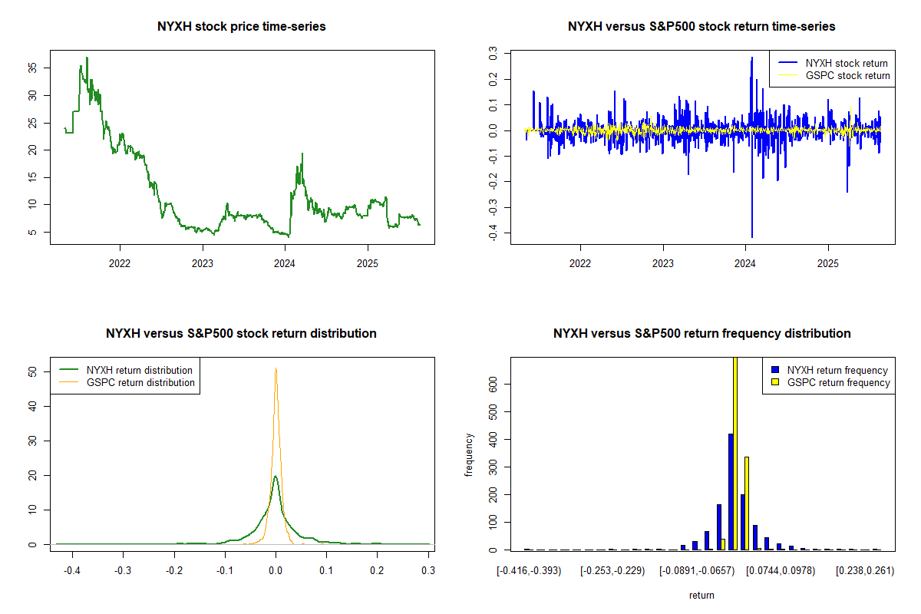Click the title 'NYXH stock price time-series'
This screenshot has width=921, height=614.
(x=242, y=27)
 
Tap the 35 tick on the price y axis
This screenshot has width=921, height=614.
(x=32, y=68)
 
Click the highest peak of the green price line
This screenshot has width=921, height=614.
(x=87, y=58)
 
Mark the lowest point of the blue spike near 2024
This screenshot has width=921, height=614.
(x=751, y=237)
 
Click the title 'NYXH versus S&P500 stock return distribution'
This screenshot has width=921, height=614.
(x=242, y=334)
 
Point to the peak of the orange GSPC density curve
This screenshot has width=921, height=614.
(x=276, y=368)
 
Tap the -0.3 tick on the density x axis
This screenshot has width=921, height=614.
(x=123, y=570)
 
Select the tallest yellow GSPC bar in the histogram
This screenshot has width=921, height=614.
(x=735, y=453)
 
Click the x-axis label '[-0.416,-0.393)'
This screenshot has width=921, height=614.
(x=529, y=571)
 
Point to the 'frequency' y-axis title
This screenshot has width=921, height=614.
(x=470, y=454)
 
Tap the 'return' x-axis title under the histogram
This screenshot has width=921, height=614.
(x=701, y=596)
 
